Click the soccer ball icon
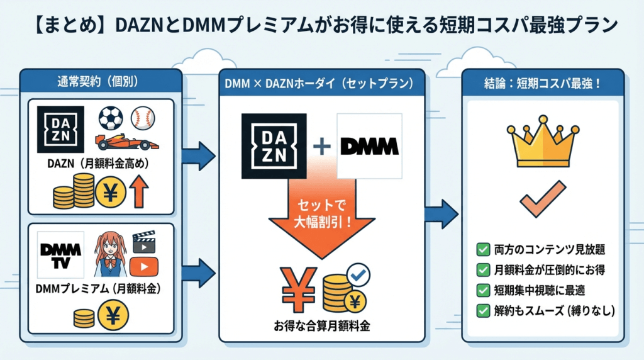pyautogui.click(x=111, y=118)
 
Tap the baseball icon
pyautogui.click(x=143, y=118)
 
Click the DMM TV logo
pyautogui.click(x=61, y=254)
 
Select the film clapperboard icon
pyautogui.click(x=143, y=242)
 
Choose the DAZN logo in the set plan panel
pyautogui.click(x=274, y=146)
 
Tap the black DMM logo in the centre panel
pyautogui.click(x=369, y=147)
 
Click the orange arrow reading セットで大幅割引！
pyautogui.click(x=322, y=214)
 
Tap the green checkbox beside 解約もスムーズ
pyautogui.click(x=484, y=310)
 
